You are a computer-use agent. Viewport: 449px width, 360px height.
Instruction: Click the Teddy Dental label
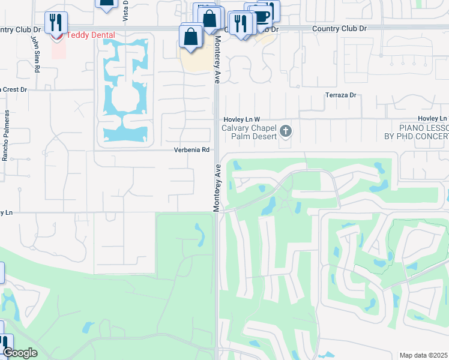[90, 35]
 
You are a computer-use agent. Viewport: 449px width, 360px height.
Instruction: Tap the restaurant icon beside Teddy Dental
[56, 23]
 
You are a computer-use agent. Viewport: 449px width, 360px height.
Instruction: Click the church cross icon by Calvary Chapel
[286, 130]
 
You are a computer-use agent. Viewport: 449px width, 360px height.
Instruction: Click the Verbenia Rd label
[191, 149]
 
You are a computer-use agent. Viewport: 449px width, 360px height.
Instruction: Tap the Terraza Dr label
[340, 95]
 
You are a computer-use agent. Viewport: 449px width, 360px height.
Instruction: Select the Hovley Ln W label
[242, 119]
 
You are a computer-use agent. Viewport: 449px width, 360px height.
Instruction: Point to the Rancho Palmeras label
[7, 136]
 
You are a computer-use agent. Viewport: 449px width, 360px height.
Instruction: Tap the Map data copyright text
[424, 355]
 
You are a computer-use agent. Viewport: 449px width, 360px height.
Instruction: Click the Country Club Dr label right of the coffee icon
[339, 28]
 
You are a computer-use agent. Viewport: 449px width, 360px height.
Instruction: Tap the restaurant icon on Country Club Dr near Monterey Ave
[239, 23]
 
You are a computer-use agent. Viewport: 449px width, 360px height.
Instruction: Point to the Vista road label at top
[125, 11]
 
